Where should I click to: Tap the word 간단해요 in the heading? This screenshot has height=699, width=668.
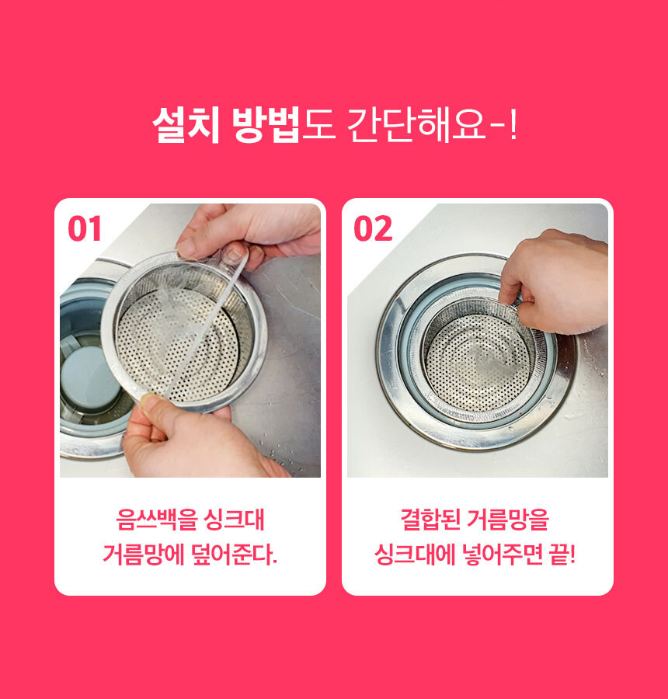pos(416,125)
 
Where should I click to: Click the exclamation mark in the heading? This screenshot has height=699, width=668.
pos(513,125)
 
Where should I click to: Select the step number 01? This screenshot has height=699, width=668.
pos(85,228)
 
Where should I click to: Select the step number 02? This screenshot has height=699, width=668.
pos(373,228)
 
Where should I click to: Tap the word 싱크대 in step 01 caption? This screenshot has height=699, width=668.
pos(234,520)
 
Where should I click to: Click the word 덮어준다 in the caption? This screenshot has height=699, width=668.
pos(231,555)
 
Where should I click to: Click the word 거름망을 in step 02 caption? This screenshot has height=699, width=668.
pos(508,520)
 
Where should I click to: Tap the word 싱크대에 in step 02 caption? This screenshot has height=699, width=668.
pos(415,555)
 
